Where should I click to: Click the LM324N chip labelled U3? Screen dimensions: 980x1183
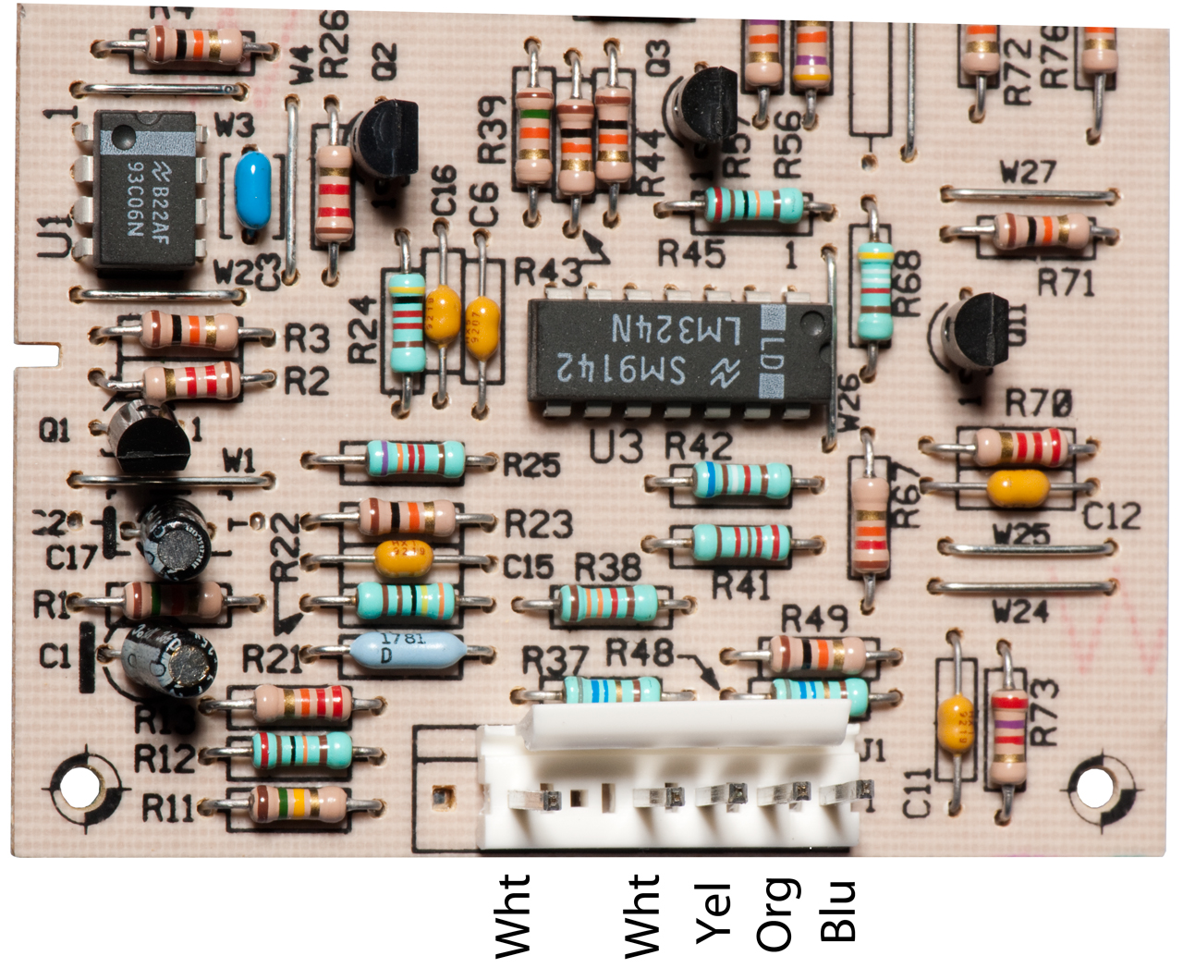pos(679,351)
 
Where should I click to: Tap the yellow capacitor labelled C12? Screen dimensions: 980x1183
pos(1018,487)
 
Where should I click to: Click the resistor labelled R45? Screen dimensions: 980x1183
pos(753,204)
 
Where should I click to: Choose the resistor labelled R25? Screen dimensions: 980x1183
pos(415,459)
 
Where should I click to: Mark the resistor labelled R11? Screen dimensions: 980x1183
pos(299,803)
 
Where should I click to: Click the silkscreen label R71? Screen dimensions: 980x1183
pos(1065,282)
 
